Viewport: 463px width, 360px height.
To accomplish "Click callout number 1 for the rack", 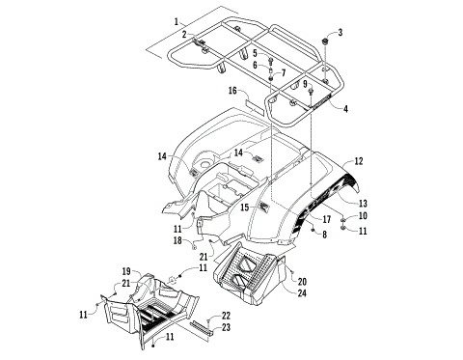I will [177, 20].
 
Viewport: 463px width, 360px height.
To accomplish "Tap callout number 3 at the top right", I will [340, 32].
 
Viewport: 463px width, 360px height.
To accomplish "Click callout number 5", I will [256, 52].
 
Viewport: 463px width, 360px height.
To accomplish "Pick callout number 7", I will [283, 72].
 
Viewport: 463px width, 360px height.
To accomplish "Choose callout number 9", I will [307, 85].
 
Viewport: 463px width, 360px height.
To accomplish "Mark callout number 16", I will [232, 90].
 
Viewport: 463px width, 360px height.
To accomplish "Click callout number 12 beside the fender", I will [359, 161].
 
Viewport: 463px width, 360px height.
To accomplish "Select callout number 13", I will [364, 203].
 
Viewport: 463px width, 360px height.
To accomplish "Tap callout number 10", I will [363, 216].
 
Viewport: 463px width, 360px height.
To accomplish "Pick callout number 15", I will [245, 208].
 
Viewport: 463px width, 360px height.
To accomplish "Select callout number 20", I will [302, 281].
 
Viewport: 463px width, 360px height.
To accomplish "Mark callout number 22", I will [226, 316].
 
